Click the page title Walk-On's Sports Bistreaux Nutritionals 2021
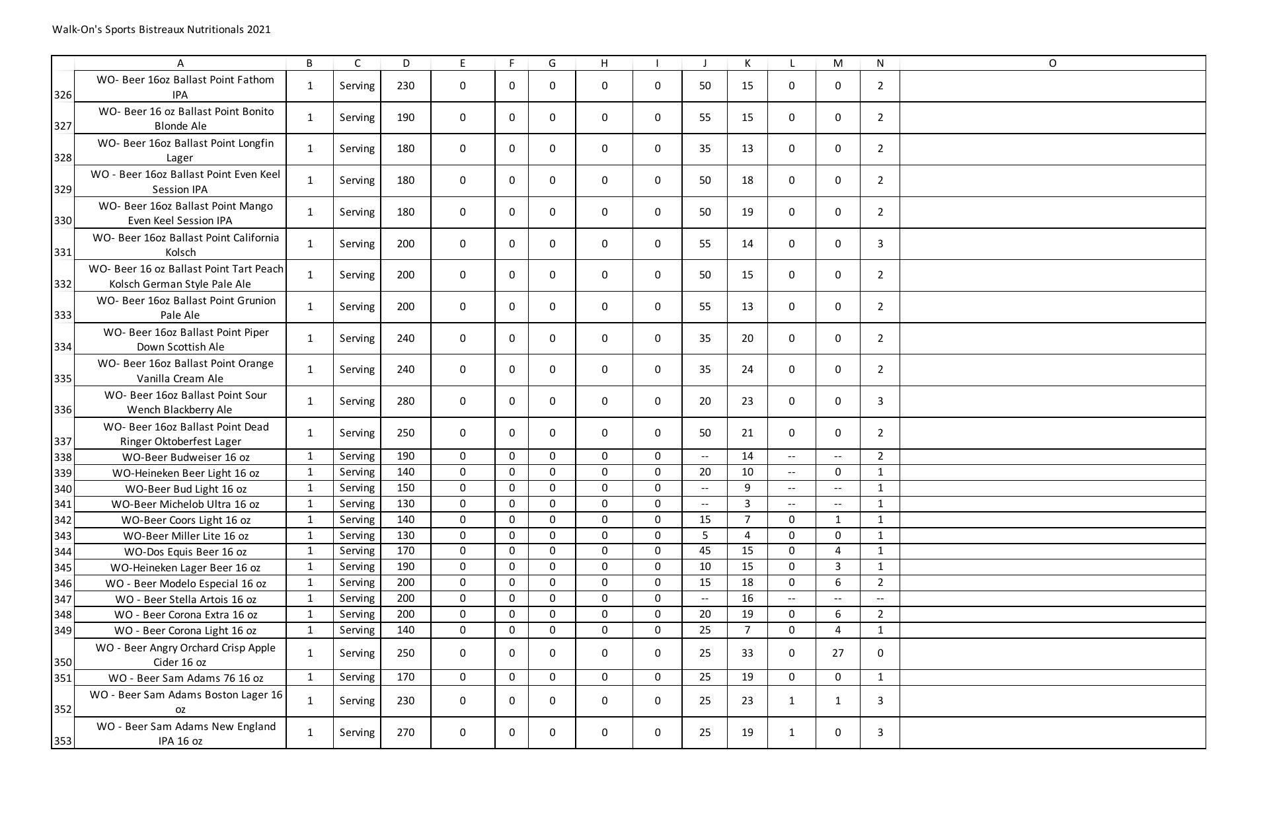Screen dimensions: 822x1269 [x=161, y=30]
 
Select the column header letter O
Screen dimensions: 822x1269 [x=1052, y=63]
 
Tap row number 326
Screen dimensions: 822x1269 [x=63, y=95]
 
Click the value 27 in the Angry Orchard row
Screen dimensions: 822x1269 [x=837, y=653]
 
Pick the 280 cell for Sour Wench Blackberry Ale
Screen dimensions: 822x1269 [x=405, y=401]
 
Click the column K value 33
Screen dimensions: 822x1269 [x=747, y=653]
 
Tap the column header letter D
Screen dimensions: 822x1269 [x=405, y=63]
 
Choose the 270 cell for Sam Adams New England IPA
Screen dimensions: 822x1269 [x=405, y=733]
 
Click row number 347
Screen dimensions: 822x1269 [x=63, y=599]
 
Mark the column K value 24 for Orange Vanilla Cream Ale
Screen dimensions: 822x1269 [x=747, y=370]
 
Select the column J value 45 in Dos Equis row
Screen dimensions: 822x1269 [x=705, y=551]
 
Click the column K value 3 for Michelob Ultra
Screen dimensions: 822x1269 [x=747, y=504]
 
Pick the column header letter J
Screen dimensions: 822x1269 [x=705, y=63]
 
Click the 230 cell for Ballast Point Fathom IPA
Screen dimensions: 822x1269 [x=405, y=86]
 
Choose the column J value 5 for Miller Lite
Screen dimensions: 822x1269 [x=705, y=536]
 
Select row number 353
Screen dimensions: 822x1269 [x=63, y=741]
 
